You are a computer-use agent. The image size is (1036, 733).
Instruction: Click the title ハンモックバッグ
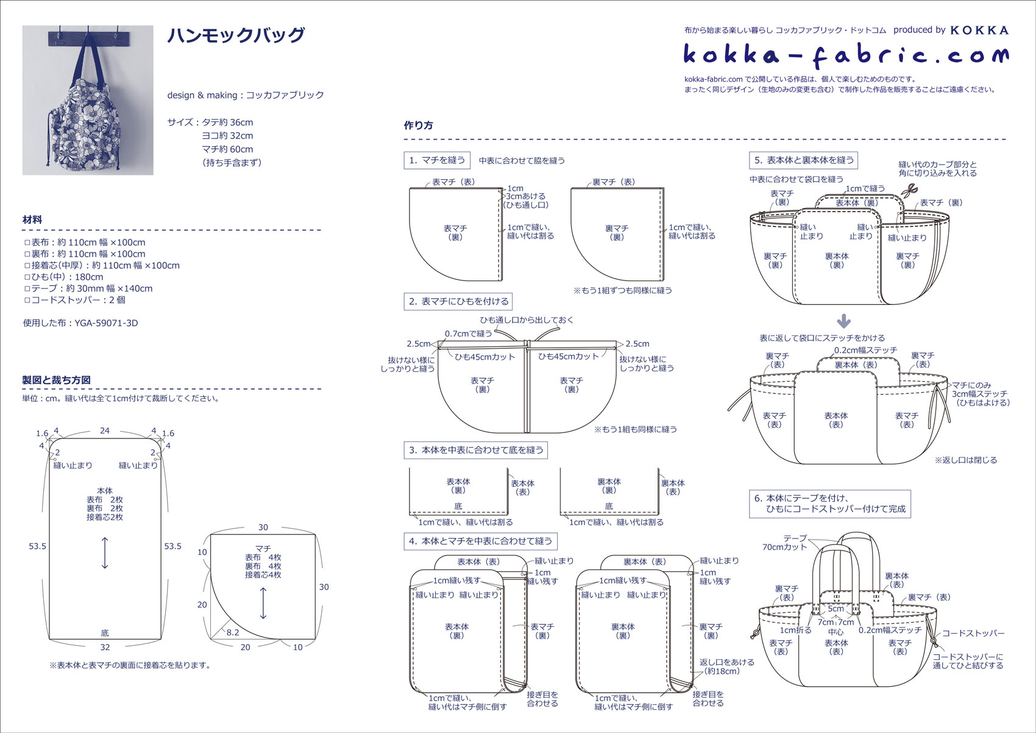pos(236,35)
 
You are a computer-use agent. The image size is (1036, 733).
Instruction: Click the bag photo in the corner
pos(88,100)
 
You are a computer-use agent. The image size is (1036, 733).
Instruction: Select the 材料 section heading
pos(32,220)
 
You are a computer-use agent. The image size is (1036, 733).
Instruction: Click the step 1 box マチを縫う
pos(437,160)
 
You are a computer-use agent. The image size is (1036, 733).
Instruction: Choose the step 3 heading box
pos(476,450)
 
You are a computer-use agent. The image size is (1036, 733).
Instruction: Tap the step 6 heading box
pos(830,504)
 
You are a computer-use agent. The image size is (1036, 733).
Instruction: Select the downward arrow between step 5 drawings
pos(844,321)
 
